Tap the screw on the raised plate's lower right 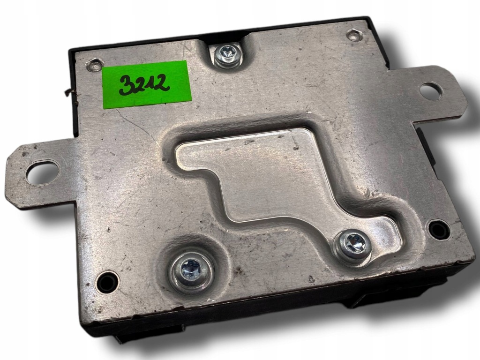click(353, 244)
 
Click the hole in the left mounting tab click(41, 172)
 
